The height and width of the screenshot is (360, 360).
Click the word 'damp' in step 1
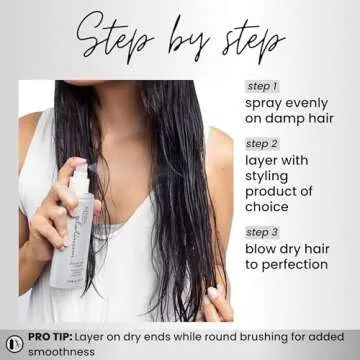coord(279,121)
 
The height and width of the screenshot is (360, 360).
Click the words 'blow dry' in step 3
coord(275,248)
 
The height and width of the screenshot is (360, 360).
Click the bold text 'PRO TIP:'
coord(52,339)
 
